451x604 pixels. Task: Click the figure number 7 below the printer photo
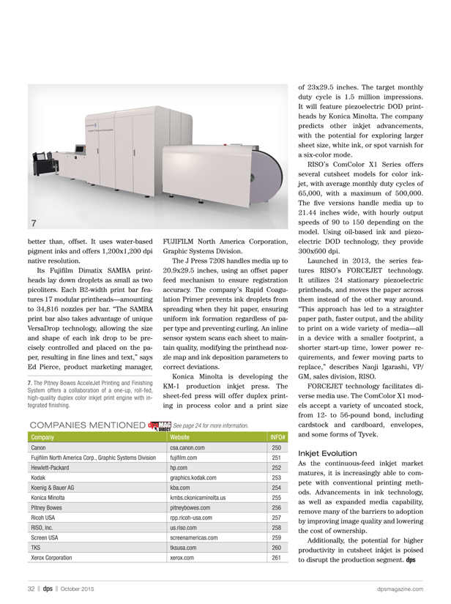(x=34, y=221)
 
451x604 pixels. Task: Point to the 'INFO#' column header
(x=277, y=436)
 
